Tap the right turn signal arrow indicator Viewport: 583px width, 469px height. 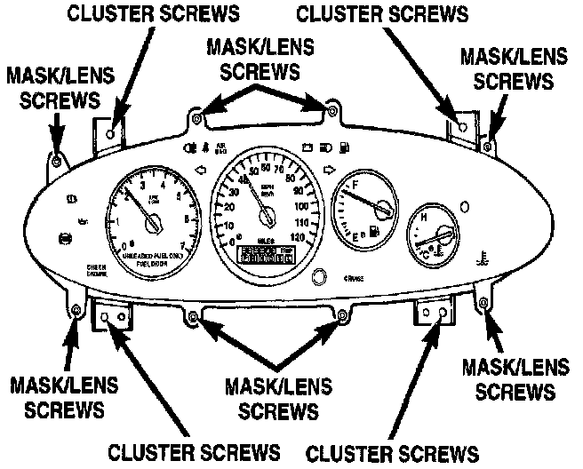click(329, 169)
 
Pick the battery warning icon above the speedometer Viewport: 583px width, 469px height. click(307, 145)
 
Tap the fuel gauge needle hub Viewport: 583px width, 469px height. click(384, 210)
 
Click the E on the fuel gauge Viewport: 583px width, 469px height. click(356, 238)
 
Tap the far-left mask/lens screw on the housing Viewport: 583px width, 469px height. click(55, 161)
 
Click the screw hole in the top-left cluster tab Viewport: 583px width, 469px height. click(110, 132)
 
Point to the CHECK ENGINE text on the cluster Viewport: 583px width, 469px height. click(73, 270)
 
